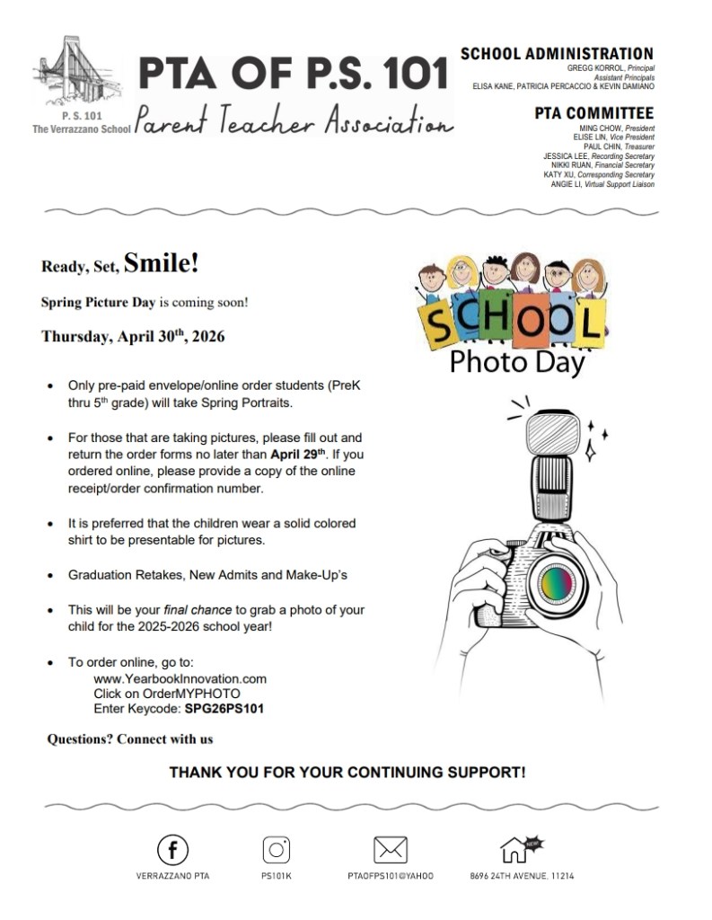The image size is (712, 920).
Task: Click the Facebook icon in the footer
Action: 173,850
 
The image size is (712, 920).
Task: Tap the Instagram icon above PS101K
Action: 277,850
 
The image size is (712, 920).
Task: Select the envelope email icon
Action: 390,850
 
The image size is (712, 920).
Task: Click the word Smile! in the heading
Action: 161,264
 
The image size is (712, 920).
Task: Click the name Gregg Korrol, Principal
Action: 610,68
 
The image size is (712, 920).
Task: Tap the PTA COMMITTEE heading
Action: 593,113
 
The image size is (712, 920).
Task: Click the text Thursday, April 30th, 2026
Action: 133,337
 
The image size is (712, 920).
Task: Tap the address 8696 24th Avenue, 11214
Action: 522,875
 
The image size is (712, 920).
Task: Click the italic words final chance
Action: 198,610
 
